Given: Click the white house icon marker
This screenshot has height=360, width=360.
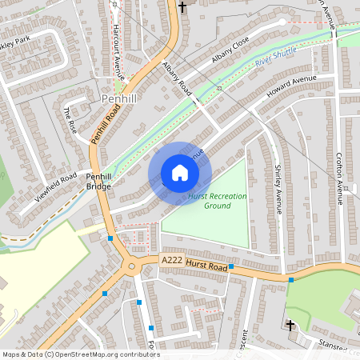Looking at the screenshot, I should point(180,173).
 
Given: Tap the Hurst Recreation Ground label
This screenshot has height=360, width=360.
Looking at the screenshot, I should point(218,200).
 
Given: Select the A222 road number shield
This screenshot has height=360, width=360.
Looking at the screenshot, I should point(171,260).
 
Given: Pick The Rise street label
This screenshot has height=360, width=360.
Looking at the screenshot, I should point(70,120).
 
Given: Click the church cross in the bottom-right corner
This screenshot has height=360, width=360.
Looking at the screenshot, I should point(290,325).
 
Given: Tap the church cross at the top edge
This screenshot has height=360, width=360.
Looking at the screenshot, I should point(182,7).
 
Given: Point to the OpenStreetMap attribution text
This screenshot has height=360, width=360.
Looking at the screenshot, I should point(80,354).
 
